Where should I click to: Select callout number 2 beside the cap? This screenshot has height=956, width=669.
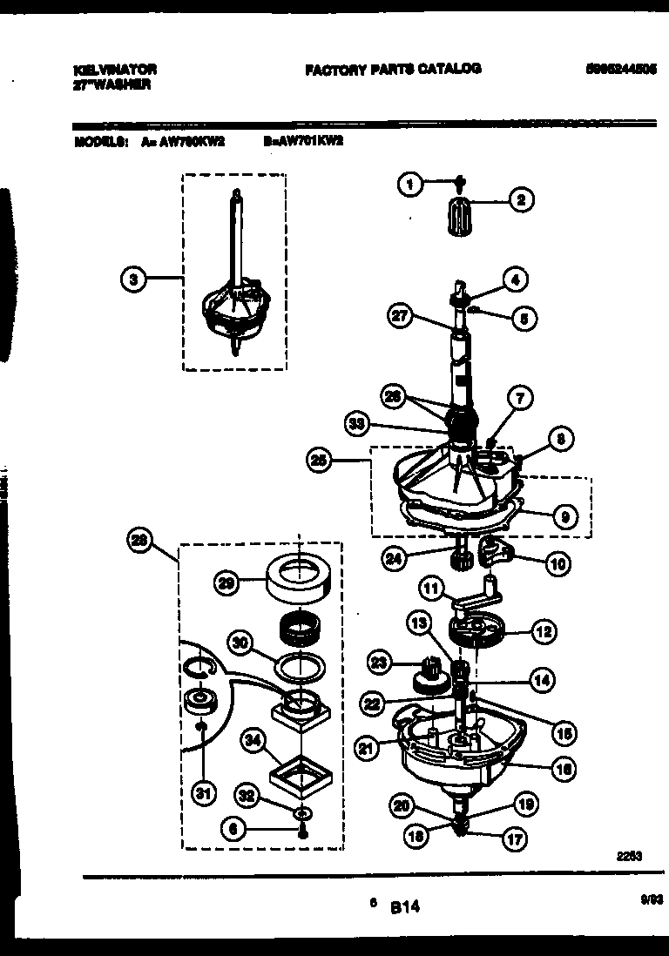coord(521,200)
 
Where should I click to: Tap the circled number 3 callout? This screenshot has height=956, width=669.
coord(132,279)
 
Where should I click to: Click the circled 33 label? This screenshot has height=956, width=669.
coord(357,425)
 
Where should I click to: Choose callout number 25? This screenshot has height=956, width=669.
coord(318,461)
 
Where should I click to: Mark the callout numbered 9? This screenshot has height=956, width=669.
coord(564,516)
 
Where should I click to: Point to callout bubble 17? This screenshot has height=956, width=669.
coord(515,841)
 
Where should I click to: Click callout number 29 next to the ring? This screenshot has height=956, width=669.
coord(226,584)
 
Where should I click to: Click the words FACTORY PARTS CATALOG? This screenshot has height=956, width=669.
coord(393,69)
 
